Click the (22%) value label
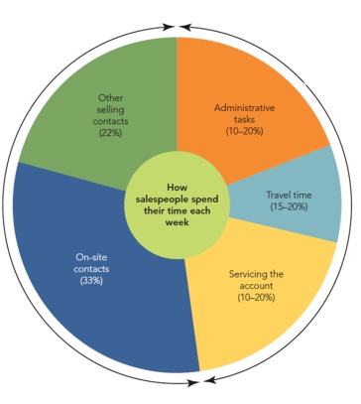(111, 131)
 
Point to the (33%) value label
(90, 281)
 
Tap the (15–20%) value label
(291, 207)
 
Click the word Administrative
(244, 107)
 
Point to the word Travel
(280, 195)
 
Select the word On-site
(91, 256)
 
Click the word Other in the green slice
(111, 96)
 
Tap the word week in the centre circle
(178, 222)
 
